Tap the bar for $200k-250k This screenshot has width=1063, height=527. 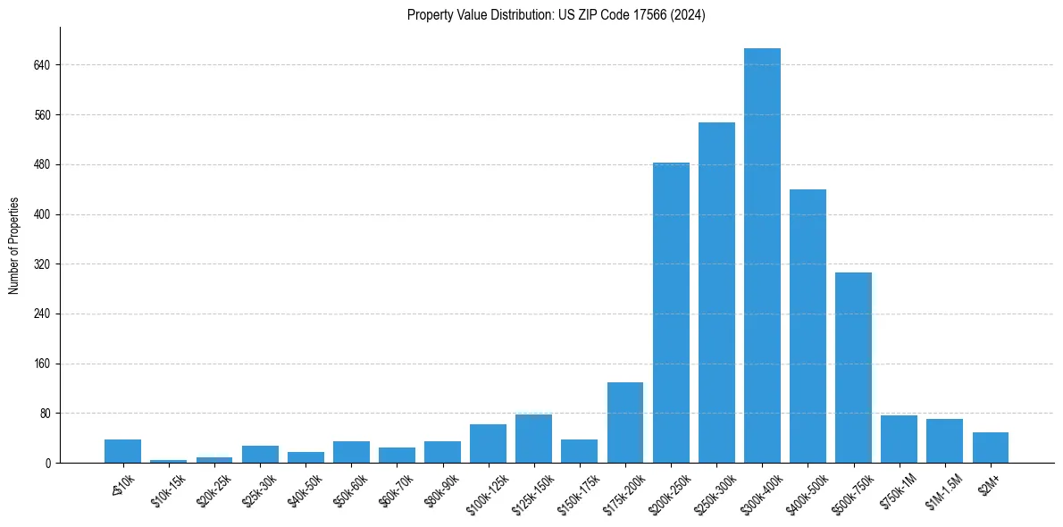(671, 313)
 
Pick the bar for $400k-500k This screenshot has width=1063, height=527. (808, 326)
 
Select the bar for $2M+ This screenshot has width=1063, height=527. (990, 448)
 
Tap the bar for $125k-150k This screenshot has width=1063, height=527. (533, 439)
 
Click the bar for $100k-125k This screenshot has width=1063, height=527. (488, 444)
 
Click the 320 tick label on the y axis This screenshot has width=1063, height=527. (42, 264)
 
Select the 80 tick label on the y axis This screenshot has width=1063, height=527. (45, 414)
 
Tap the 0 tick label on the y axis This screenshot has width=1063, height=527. (48, 464)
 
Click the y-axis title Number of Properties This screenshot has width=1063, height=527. (14, 246)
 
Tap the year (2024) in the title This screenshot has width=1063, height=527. (691, 15)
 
